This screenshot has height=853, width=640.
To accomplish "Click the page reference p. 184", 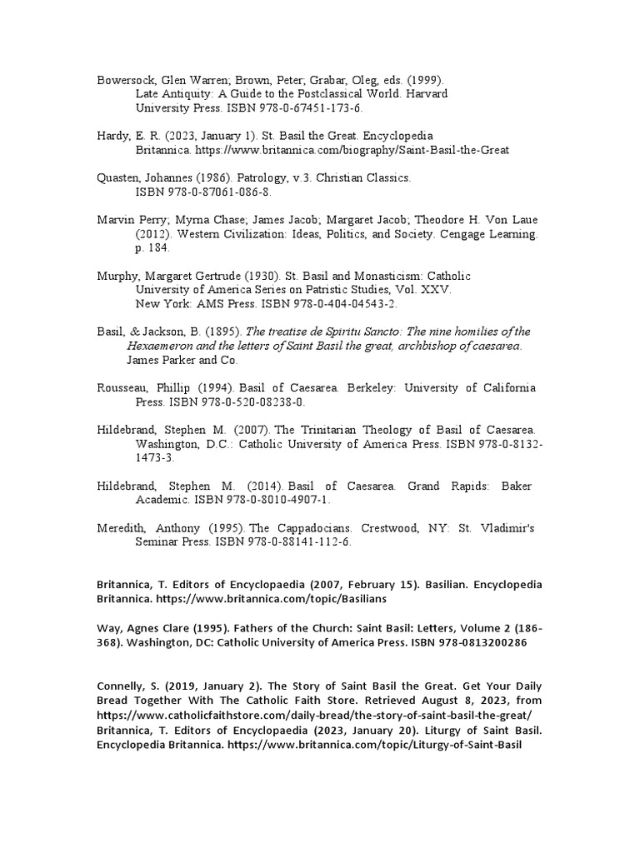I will pos(152,248).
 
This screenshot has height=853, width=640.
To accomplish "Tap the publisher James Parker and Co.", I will pos(182,360).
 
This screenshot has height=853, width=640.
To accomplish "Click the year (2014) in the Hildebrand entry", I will pos(258,486).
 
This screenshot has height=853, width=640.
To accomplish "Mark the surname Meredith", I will pos(125,527).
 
